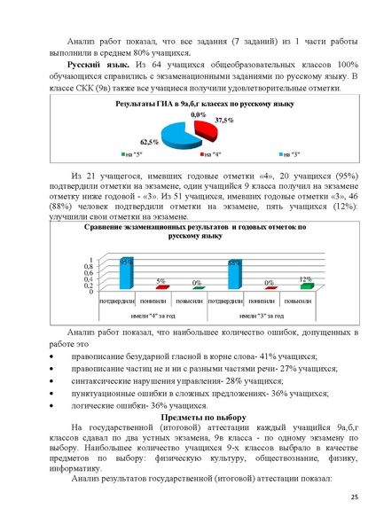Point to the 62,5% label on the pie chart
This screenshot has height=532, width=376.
click(150, 142)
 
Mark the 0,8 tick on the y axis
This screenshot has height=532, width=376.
click(87, 266)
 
